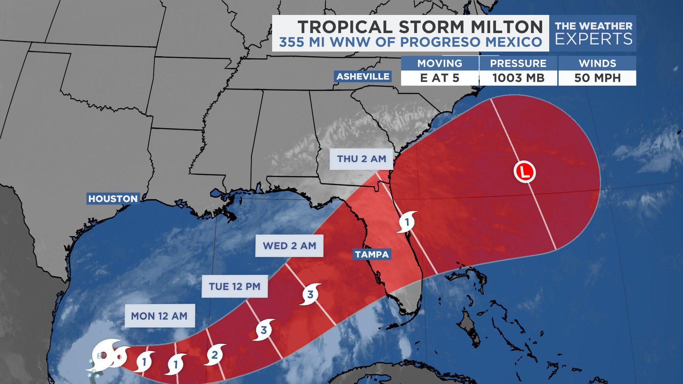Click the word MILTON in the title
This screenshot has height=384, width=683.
507,27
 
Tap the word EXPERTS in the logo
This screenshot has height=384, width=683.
594,39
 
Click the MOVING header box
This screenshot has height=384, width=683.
440,63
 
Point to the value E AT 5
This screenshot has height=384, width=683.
440,78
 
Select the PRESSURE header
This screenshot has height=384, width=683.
518,63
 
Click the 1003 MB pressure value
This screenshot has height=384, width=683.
518,78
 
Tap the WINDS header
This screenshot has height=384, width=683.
597,63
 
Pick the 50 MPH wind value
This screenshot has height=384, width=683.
597,78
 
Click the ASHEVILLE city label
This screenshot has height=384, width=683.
363,76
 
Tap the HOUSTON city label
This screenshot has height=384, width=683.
113,199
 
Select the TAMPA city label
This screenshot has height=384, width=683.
372,255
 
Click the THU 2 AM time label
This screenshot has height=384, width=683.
361,159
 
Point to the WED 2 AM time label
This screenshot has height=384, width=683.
289,246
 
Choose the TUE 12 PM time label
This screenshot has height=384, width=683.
234,287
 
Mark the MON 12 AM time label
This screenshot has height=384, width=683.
159,316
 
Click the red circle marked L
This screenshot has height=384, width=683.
525,172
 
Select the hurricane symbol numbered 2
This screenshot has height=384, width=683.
215,355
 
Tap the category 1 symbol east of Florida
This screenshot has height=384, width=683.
407,222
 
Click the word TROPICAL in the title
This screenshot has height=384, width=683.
345,27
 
